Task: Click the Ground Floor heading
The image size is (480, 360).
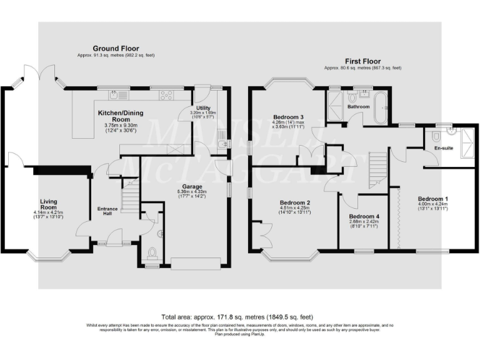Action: click(116, 48)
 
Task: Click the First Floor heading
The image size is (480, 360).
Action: click(362, 61)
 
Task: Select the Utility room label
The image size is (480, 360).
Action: click(204, 108)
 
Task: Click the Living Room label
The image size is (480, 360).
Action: click(48, 204)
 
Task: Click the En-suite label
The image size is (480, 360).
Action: click(443, 149)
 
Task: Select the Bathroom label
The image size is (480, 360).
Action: click(359, 107)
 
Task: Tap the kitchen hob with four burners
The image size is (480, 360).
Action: click(167, 96)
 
